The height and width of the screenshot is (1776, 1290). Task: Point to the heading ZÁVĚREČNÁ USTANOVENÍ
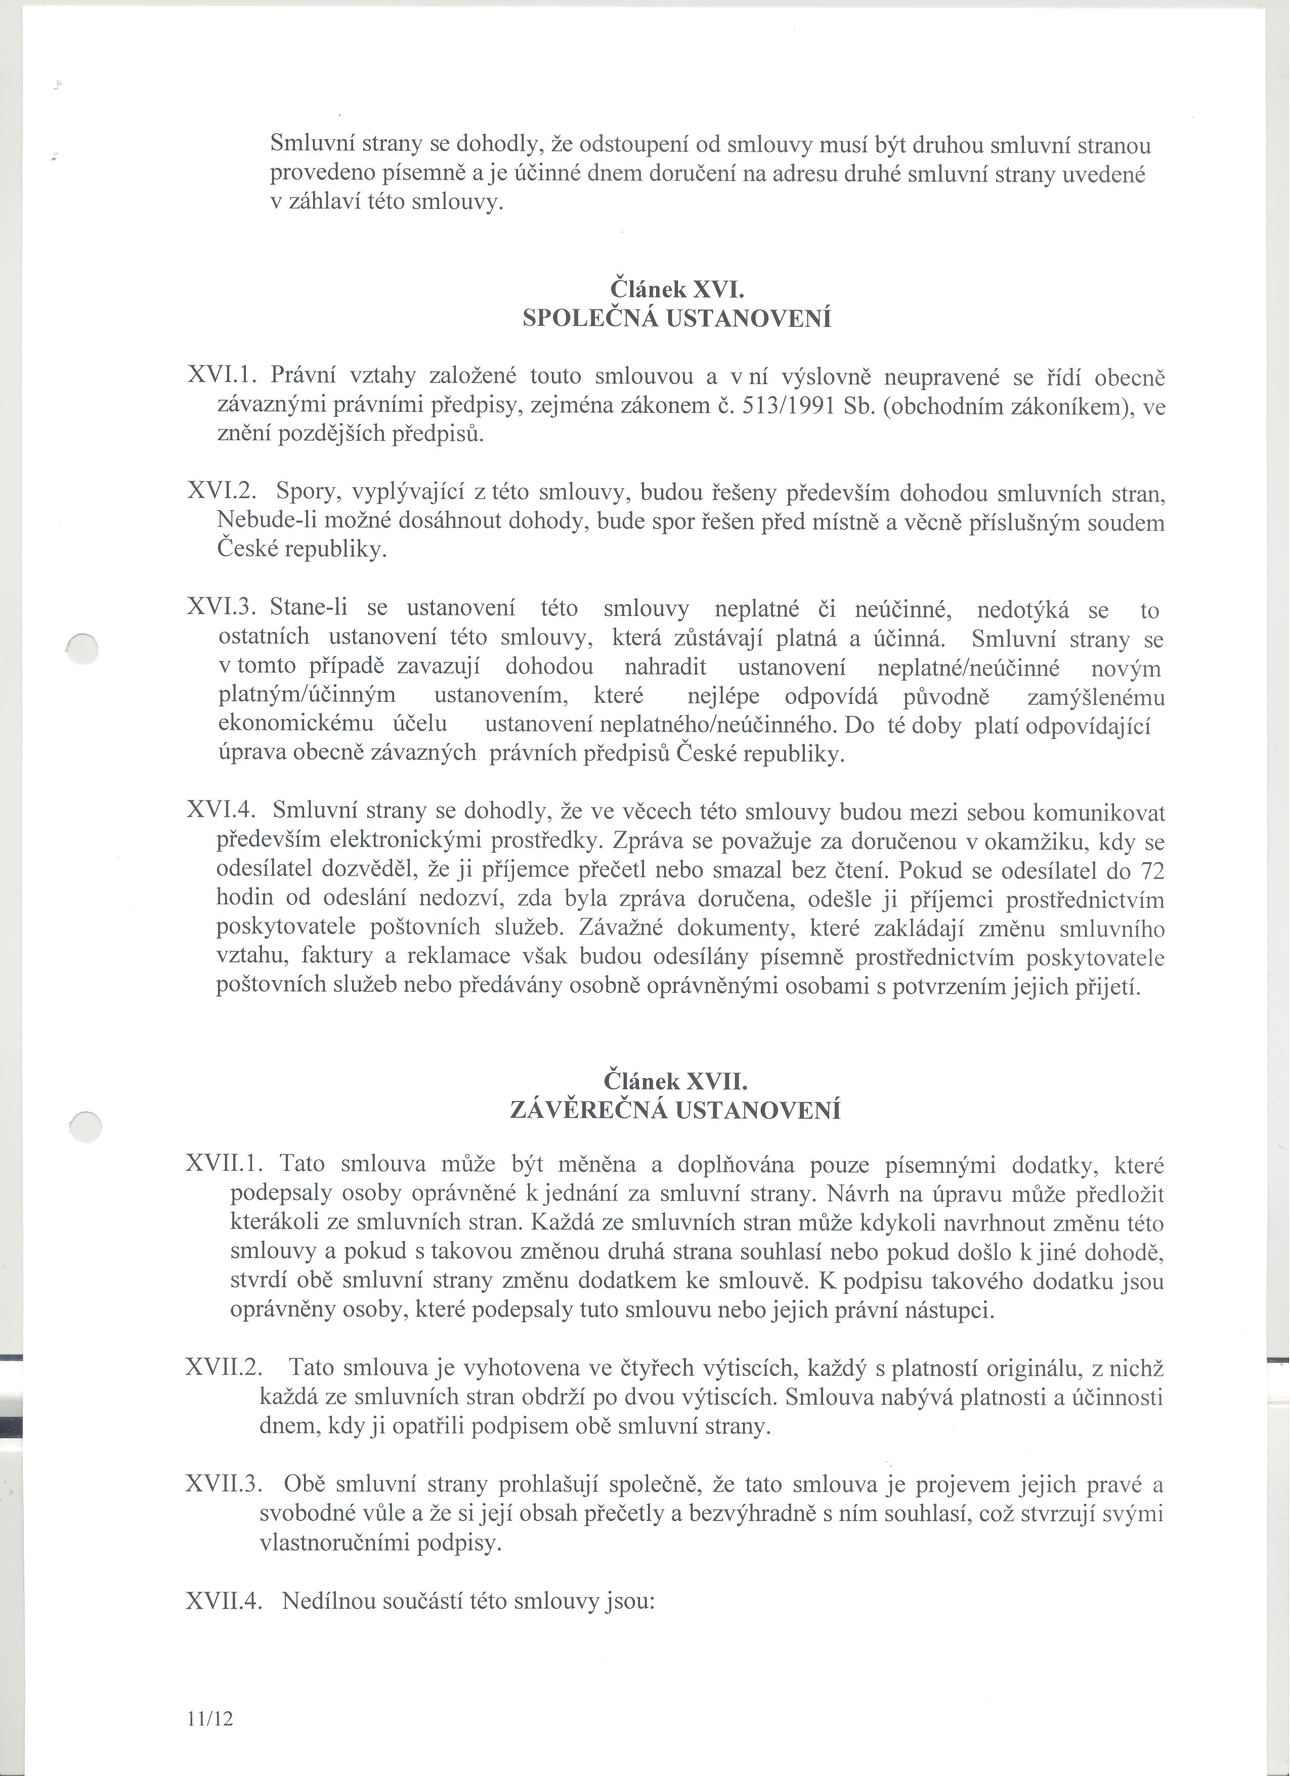click(675, 1111)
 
